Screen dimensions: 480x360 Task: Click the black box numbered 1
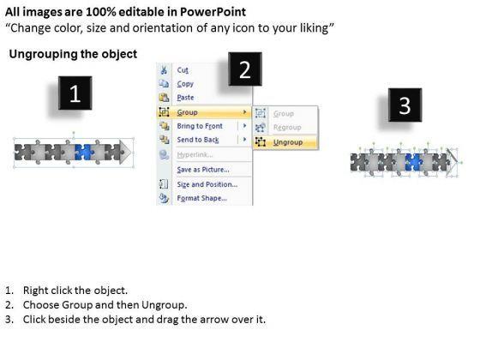(75, 93)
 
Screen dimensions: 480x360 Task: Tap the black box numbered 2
(245, 69)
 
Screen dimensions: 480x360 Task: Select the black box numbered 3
(405, 105)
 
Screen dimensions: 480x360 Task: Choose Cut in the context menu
(183, 70)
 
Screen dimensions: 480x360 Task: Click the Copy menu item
(185, 84)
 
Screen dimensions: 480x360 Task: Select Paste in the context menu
(185, 98)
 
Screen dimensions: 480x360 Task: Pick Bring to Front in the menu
(200, 126)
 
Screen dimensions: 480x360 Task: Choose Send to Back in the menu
(198, 140)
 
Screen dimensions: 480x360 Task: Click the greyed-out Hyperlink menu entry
(195, 154)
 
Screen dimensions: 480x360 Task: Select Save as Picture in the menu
(203, 170)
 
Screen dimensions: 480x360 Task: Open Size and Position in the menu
(207, 184)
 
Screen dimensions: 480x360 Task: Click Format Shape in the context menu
(201, 198)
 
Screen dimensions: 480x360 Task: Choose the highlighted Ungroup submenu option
(288, 142)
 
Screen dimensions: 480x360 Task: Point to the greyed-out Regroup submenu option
(287, 128)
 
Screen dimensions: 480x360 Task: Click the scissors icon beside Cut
(164, 69)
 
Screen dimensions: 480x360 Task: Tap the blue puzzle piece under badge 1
(84, 153)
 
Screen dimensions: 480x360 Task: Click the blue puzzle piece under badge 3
(414, 162)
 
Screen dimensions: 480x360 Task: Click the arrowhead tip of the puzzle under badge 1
(130, 153)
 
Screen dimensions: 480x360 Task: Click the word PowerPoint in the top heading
(213, 12)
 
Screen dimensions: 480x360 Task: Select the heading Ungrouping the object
(73, 54)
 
